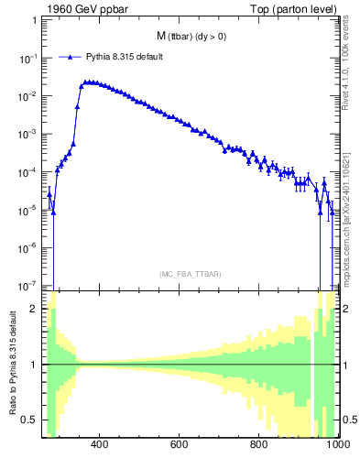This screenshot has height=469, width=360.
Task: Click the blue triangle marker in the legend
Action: point(70,57)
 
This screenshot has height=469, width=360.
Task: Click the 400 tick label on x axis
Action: point(101,446)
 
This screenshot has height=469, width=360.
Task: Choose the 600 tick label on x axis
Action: point(180,446)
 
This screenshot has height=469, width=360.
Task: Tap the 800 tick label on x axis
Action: point(260,446)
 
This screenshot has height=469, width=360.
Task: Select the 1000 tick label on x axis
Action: point(335,446)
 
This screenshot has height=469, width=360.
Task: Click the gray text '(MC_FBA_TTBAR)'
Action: point(191,274)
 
